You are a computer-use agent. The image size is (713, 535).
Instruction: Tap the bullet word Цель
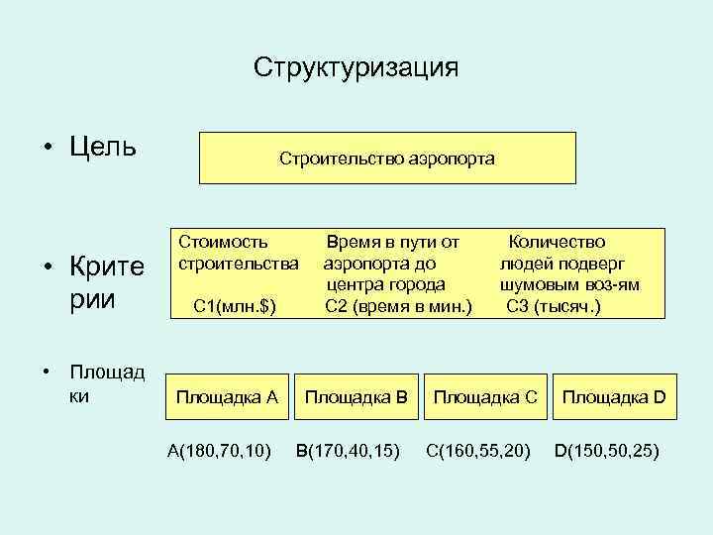coord(102,148)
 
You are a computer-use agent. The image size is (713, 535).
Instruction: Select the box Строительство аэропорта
coord(387,159)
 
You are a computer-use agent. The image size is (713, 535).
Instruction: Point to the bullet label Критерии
coord(106,282)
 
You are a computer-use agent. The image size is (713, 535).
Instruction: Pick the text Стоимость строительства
coord(238,253)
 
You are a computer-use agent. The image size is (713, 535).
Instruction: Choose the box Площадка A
coord(227,398)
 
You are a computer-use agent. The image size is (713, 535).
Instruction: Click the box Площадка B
coord(356,398)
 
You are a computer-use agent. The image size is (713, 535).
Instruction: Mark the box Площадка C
coord(485,398)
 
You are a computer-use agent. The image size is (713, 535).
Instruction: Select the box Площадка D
coord(615,398)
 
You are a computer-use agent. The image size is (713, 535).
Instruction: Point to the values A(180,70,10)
coord(219,452)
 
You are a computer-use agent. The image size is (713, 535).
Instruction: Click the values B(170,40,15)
coord(348,452)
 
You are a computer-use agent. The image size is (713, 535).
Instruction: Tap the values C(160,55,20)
coord(477,452)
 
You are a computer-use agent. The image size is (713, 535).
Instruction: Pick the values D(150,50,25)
coord(606,452)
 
